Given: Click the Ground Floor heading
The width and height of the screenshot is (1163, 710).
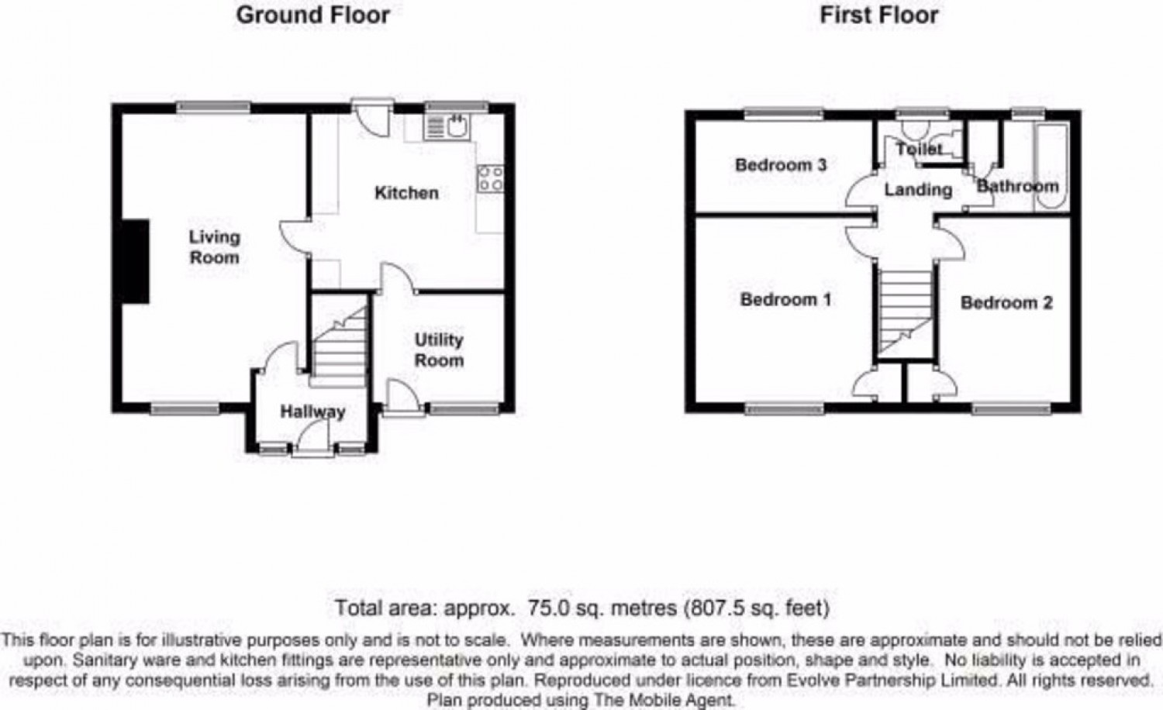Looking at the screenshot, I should [312, 15].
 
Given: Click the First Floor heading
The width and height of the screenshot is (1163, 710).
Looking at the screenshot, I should [878, 15].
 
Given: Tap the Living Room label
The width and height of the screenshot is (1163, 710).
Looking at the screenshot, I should [215, 246].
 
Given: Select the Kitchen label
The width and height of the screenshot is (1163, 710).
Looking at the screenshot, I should [406, 192].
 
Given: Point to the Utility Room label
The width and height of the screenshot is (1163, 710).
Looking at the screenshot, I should [439, 350].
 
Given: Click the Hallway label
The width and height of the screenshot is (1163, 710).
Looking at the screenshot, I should [312, 412].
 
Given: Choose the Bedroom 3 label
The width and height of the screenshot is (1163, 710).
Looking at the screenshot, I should [781, 164].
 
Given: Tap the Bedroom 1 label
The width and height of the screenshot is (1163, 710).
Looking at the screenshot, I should [785, 299].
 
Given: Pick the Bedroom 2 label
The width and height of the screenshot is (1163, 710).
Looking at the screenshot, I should [1006, 302].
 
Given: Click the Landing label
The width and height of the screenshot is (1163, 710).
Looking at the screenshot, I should [918, 189].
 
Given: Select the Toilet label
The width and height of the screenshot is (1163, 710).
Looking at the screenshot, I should [920, 148].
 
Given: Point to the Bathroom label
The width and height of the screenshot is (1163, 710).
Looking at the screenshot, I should [1017, 186].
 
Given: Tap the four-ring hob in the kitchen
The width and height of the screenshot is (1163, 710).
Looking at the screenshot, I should [491, 179].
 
